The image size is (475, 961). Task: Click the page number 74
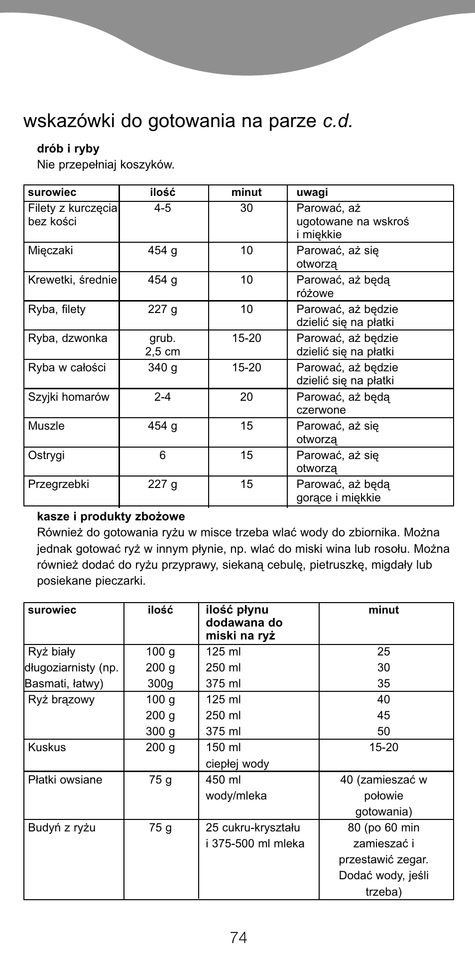pyautogui.click(x=238, y=938)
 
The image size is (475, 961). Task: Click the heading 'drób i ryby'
pyautogui.click(x=68, y=149)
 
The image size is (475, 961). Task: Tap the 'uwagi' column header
pyautogui.click(x=312, y=192)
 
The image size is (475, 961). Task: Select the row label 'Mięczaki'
pyautogui.click(x=50, y=250)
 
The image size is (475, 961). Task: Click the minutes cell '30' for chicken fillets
pyautogui.click(x=246, y=208)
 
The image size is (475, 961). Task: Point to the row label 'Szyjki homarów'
pyautogui.click(x=68, y=397)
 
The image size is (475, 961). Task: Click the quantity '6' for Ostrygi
pyautogui.click(x=162, y=455)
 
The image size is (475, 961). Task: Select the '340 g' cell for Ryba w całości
pyautogui.click(x=162, y=367)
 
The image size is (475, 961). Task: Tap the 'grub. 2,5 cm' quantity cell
pyautogui.click(x=162, y=344)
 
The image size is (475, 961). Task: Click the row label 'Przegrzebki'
pyautogui.click(x=58, y=484)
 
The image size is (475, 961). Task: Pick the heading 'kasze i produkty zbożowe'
pyautogui.click(x=111, y=516)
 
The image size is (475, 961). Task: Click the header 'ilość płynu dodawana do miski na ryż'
pyautogui.click(x=244, y=623)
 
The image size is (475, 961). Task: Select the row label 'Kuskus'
pyautogui.click(x=47, y=747)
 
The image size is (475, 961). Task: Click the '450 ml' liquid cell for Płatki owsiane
pyautogui.click(x=223, y=780)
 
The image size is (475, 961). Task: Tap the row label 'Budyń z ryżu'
pyautogui.click(x=61, y=827)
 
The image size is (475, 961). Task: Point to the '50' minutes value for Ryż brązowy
pyautogui.click(x=383, y=731)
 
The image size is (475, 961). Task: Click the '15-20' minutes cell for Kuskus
pyautogui.click(x=383, y=747)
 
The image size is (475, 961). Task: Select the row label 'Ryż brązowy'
pyautogui.click(x=61, y=699)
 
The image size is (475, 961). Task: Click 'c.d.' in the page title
pyautogui.click(x=337, y=121)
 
